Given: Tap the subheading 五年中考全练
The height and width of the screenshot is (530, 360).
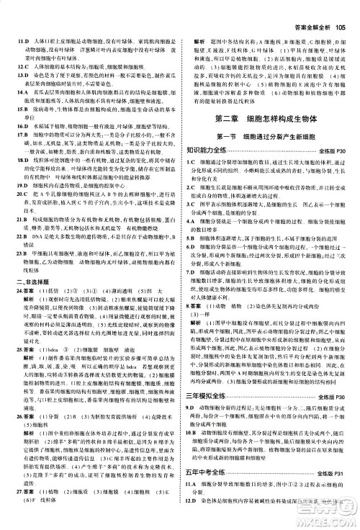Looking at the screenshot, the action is click(217, 481).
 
